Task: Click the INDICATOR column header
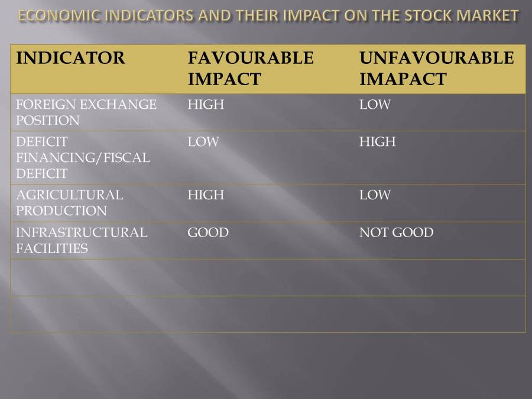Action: click(x=70, y=59)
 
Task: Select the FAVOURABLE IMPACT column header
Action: click(x=250, y=68)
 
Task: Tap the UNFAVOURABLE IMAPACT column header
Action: click(x=436, y=68)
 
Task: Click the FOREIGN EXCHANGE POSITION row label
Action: click(x=86, y=112)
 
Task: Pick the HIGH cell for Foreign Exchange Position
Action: click(x=206, y=105)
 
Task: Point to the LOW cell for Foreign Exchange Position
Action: click(x=375, y=105)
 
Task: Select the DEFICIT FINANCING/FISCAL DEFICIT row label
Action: click(x=83, y=158)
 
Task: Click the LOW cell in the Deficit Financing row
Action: click(x=203, y=142)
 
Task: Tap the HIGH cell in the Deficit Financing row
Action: click(x=377, y=142)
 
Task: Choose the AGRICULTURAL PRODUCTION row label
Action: click(x=70, y=203)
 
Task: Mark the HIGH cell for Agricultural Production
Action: click(x=206, y=195)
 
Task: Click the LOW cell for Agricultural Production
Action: click(x=375, y=195)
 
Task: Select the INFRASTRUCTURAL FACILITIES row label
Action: click(x=82, y=240)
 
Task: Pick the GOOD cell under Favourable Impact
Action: click(x=207, y=232)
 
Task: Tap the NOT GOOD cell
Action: click(x=396, y=232)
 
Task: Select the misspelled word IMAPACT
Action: click(x=403, y=79)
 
